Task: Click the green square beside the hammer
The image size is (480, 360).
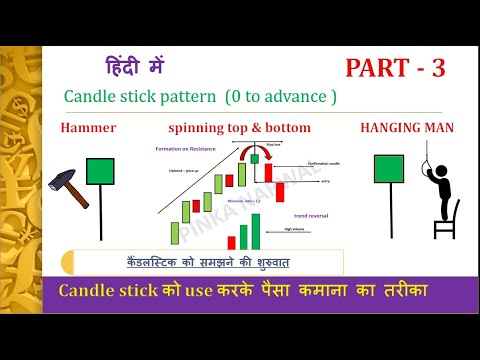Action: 99,172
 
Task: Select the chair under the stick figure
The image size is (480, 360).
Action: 445,220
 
